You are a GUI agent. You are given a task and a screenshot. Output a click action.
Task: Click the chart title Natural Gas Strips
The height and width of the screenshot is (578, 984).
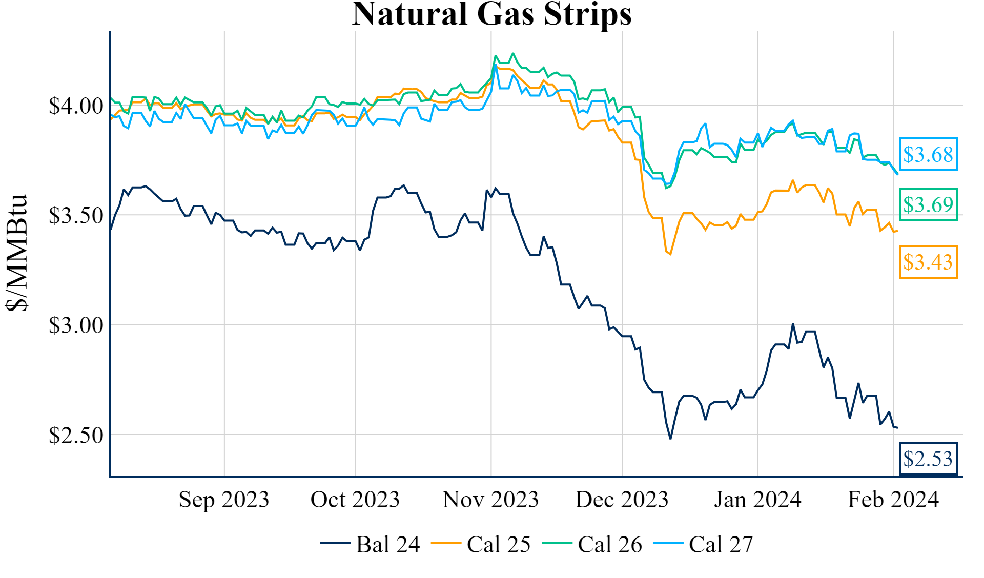(491, 14)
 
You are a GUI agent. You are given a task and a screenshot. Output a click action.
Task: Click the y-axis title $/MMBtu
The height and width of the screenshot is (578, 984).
(17, 252)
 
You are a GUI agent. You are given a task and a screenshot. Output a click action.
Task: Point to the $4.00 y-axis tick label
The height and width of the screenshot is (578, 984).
(76, 106)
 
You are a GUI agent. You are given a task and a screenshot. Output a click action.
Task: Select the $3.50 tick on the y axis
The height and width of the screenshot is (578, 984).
(76, 216)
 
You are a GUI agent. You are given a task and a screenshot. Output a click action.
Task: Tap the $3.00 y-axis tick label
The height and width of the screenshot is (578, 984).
(76, 325)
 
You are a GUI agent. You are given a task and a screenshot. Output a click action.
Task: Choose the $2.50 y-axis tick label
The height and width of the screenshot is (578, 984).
(76, 435)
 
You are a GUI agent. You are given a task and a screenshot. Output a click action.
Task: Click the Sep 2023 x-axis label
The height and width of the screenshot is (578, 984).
(224, 500)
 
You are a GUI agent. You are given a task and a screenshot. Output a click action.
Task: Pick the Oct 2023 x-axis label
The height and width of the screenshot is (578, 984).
(355, 500)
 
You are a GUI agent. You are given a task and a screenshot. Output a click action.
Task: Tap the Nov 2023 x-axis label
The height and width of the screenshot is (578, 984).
(490, 500)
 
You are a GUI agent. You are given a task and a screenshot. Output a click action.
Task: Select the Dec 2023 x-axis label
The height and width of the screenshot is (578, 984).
(622, 500)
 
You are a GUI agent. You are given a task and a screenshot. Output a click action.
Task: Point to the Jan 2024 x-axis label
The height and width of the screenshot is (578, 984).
(757, 500)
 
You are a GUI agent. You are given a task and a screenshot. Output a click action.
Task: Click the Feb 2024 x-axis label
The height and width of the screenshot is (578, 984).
(893, 500)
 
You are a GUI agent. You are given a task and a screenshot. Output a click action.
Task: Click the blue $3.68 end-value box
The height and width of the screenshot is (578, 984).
(928, 154)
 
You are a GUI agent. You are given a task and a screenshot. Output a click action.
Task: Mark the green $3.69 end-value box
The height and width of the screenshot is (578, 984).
(928, 204)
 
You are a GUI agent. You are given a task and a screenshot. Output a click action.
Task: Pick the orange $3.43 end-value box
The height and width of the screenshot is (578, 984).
(928, 262)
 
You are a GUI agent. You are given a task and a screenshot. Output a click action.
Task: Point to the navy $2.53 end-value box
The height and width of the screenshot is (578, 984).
(928, 459)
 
